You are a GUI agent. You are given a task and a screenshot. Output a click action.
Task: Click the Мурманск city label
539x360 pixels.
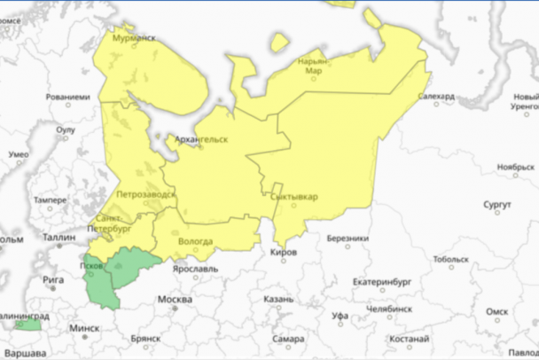(x=134, y=39)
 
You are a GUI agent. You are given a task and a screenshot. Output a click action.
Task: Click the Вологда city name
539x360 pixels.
(x=195, y=241)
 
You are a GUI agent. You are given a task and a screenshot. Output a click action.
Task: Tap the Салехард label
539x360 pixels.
(x=435, y=96)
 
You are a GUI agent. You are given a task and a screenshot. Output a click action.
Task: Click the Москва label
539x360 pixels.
(x=174, y=299)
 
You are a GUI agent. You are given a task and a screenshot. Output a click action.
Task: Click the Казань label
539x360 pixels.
(x=278, y=299)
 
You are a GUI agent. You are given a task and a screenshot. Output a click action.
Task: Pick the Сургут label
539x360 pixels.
(x=497, y=204)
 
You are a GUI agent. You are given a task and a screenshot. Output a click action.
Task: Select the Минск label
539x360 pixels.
(x=85, y=327)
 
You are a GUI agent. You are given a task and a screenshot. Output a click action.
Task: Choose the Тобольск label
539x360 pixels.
(x=451, y=260)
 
